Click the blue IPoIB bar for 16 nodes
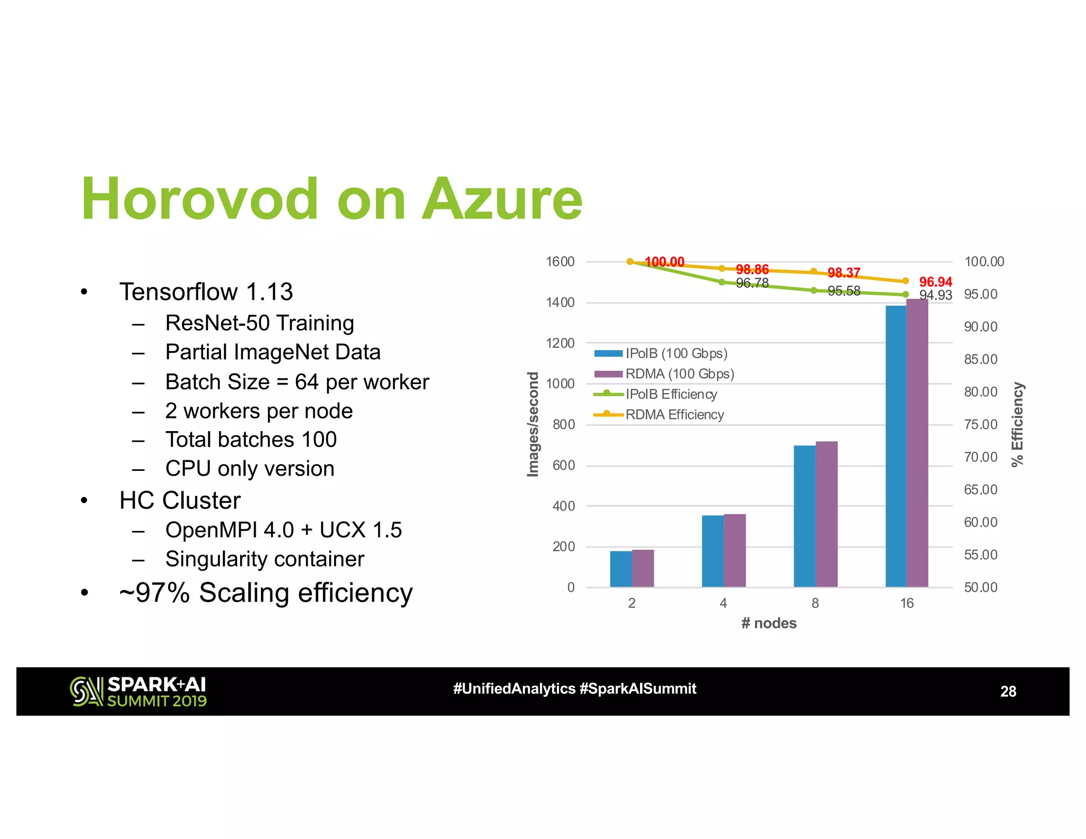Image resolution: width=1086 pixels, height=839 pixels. (896, 445)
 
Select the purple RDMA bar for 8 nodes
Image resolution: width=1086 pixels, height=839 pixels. (826, 513)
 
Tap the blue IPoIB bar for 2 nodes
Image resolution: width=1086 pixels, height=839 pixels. (620, 569)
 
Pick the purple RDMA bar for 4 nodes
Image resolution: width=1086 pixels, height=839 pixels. (734, 550)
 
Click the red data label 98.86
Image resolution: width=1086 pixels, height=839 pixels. (752, 269)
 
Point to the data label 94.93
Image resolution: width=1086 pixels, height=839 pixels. (935, 295)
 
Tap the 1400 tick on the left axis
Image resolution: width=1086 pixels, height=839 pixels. (560, 303)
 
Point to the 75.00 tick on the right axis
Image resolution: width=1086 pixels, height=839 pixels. (980, 424)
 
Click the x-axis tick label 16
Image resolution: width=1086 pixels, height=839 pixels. (907, 603)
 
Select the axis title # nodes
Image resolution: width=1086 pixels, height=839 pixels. (769, 623)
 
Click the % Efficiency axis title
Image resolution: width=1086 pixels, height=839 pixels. (1017, 424)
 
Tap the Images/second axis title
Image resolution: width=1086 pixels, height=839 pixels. (533, 424)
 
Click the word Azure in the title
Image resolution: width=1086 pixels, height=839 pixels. (502, 199)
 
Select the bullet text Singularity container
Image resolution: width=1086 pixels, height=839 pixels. (265, 559)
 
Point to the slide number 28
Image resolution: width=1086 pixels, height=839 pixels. (1008, 692)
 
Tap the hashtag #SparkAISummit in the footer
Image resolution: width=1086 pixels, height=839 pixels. (638, 689)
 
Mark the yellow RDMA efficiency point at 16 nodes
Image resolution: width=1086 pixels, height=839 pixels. (906, 281)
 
